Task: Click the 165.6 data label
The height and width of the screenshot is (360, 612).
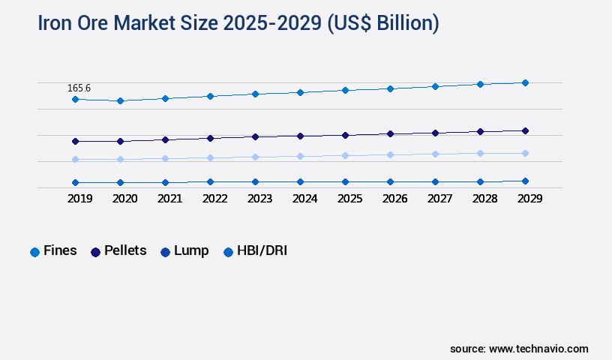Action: (79, 88)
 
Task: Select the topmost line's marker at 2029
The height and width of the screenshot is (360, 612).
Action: (525, 82)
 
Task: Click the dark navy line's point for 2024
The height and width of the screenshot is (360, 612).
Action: (300, 136)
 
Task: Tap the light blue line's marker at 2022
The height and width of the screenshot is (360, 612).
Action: (210, 157)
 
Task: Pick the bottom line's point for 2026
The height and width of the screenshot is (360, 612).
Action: (390, 181)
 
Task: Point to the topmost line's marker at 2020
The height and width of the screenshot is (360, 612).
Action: (120, 100)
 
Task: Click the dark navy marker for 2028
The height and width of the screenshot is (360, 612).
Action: (480, 131)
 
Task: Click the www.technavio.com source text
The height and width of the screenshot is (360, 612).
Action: (538, 349)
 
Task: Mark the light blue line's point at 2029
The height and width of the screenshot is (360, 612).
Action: (525, 153)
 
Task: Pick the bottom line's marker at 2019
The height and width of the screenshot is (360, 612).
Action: (75, 182)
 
